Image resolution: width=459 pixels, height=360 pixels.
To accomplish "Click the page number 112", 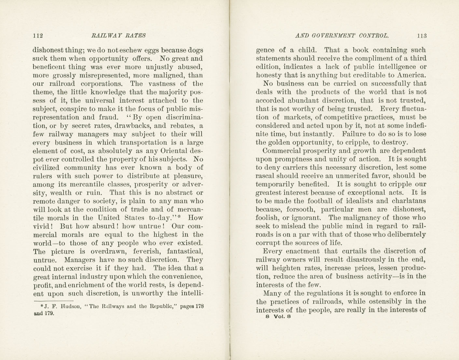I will (38, 36).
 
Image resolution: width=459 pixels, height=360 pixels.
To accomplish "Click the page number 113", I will (422, 36).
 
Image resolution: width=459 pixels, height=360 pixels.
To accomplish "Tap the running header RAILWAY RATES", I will (118, 36).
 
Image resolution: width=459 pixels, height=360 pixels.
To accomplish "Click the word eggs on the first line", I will (150, 50).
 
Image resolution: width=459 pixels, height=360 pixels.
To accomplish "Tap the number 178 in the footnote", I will (199, 306).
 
